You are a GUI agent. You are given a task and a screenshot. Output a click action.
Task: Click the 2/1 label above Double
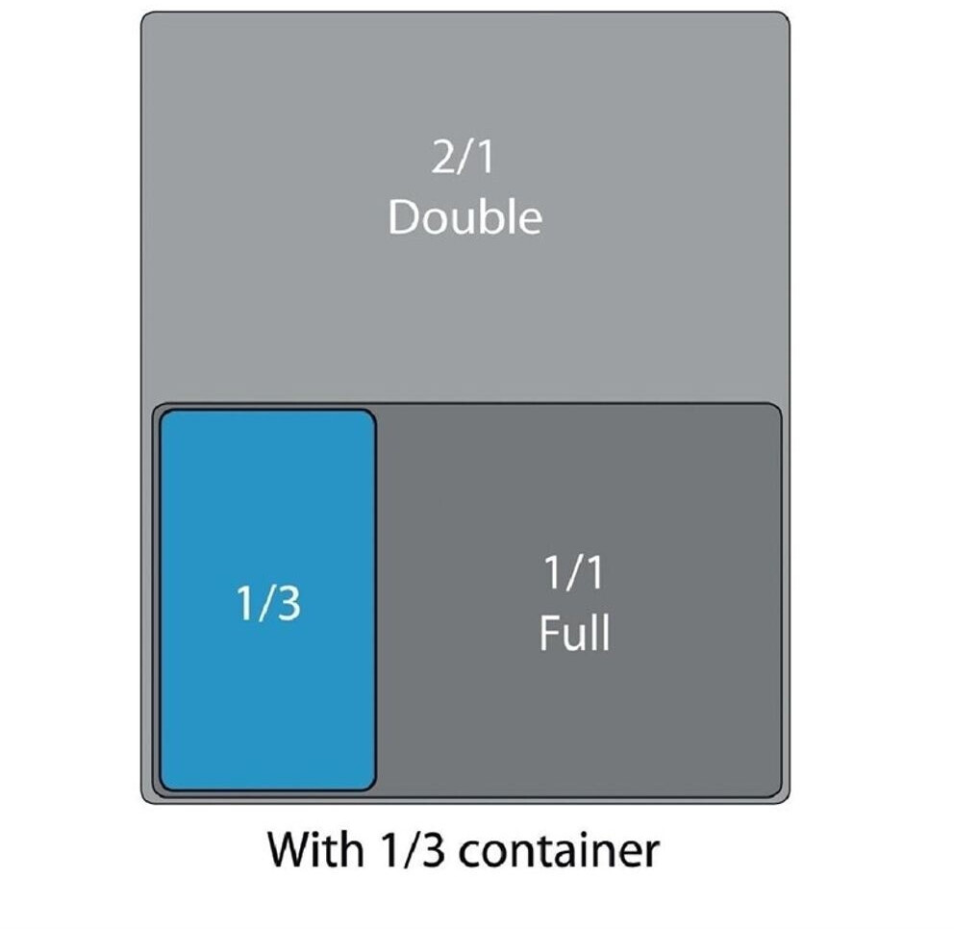coord(464,158)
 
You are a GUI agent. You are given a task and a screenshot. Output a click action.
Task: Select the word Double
coord(464,217)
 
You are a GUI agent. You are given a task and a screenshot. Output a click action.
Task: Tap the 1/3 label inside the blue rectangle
coord(268,604)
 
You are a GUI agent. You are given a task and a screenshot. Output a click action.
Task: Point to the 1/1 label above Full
coord(574,574)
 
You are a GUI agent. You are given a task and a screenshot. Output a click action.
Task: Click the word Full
coord(574,634)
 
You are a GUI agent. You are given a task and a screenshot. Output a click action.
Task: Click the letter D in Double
coord(403,217)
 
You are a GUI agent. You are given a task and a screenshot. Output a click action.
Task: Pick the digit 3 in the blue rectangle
coord(288,604)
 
